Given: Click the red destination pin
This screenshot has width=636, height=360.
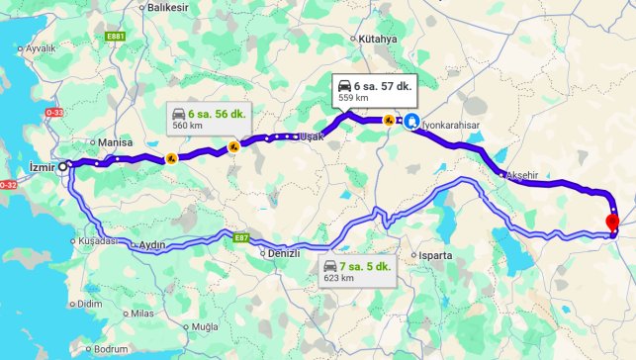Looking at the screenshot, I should click(x=610, y=222).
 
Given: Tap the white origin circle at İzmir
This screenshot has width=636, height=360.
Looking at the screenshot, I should click(x=63, y=167).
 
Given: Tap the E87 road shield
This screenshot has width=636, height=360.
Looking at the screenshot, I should click(x=241, y=238).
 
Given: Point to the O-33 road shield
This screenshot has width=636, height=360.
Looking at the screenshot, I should click(x=52, y=114).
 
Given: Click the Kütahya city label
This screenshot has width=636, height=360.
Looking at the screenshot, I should click(x=378, y=39).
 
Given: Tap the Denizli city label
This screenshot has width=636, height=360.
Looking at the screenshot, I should click(x=284, y=253).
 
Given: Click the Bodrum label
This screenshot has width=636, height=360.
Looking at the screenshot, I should click(x=112, y=349).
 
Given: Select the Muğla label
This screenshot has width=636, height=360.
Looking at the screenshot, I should click(x=205, y=325).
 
